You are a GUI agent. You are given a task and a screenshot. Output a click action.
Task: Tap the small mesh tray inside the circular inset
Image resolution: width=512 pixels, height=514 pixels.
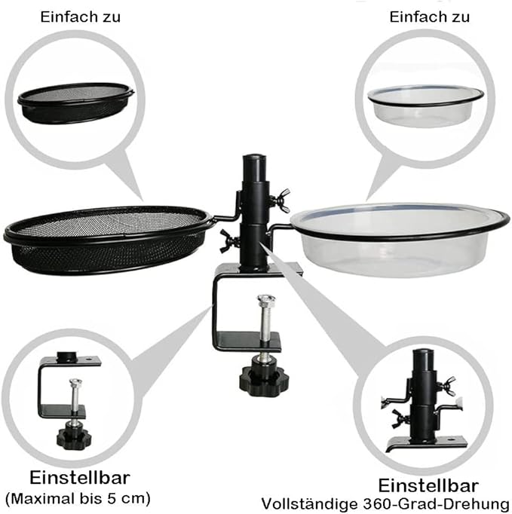[x=75, y=101]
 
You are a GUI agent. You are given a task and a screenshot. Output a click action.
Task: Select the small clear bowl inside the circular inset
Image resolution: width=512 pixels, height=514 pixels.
[x=425, y=104]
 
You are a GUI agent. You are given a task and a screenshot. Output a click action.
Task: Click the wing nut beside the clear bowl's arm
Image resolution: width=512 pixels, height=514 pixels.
[x=283, y=198]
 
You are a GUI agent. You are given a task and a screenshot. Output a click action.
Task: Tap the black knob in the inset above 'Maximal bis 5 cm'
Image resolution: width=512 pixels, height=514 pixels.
[x=73, y=436]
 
